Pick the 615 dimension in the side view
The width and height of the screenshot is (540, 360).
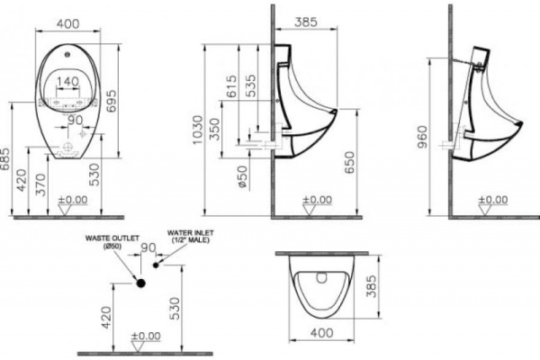pyautogui.click(x=233, y=88)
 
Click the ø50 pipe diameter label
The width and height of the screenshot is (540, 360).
pyautogui.click(x=242, y=176)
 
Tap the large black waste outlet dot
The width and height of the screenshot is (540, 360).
pyautogui.click(x=139, y=282)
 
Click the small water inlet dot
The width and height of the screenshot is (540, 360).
pyautogui.click(x=155, y=266)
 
